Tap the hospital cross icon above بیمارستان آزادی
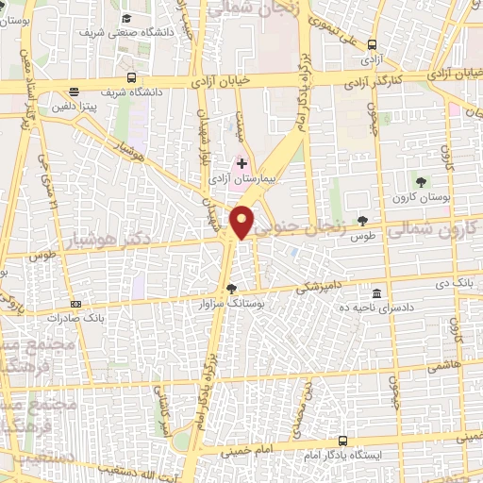click(x=242, y=164)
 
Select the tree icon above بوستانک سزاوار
click(x=232, y=290)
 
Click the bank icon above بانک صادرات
click(x=75, y=304)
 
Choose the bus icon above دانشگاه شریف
click(x=131, y=78)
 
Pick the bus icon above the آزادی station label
click(x=374, y=43)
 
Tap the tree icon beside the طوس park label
click(x=362, y=221)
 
